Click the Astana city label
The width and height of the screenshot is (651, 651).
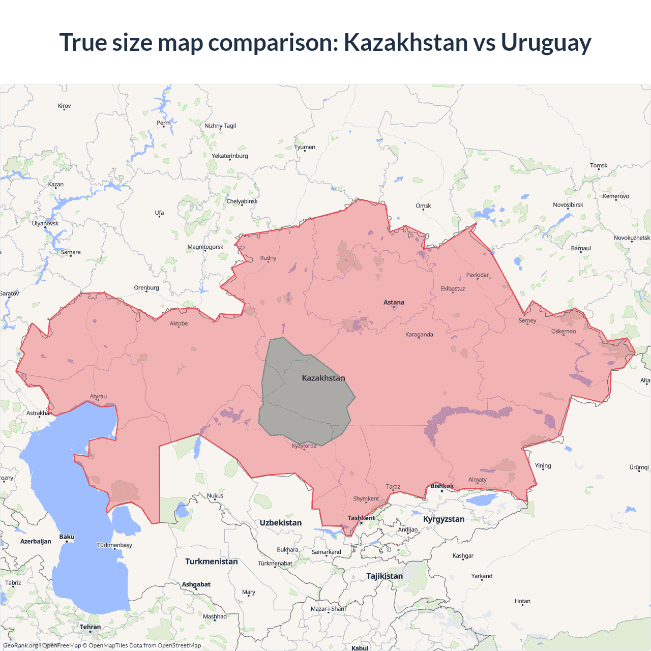[x=394, y=303]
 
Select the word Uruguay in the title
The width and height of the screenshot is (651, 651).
[x=546, y=42]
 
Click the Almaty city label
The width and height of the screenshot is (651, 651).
[x=477, y=480]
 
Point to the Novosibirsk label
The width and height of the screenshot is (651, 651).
[x=568, y=205]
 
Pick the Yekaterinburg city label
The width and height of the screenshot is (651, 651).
[x=230, y=156]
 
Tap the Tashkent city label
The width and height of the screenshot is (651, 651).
[x=361, y=518]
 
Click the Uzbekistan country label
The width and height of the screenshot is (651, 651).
[x=280, y=523]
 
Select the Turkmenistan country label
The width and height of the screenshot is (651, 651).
[x=211, y=561]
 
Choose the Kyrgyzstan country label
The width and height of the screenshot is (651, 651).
[x=443, y=519]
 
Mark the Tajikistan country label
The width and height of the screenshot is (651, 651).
[x=384, y=576]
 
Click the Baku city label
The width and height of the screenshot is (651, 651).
[x=67, y=537]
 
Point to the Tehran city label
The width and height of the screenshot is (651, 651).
[x=90, y=627]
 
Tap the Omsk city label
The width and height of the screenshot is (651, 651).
[x=423, y=206]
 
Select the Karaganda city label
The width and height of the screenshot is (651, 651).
[x=419, y=335]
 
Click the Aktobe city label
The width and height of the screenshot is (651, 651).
[x=179, y=323]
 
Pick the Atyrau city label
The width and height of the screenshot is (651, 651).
[x=98, y=397]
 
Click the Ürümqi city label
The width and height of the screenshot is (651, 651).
[x=639, y=467]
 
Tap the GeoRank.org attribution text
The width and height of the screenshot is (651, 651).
[x=20, y=645]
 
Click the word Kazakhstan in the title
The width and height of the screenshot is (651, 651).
[x=405, y=42]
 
